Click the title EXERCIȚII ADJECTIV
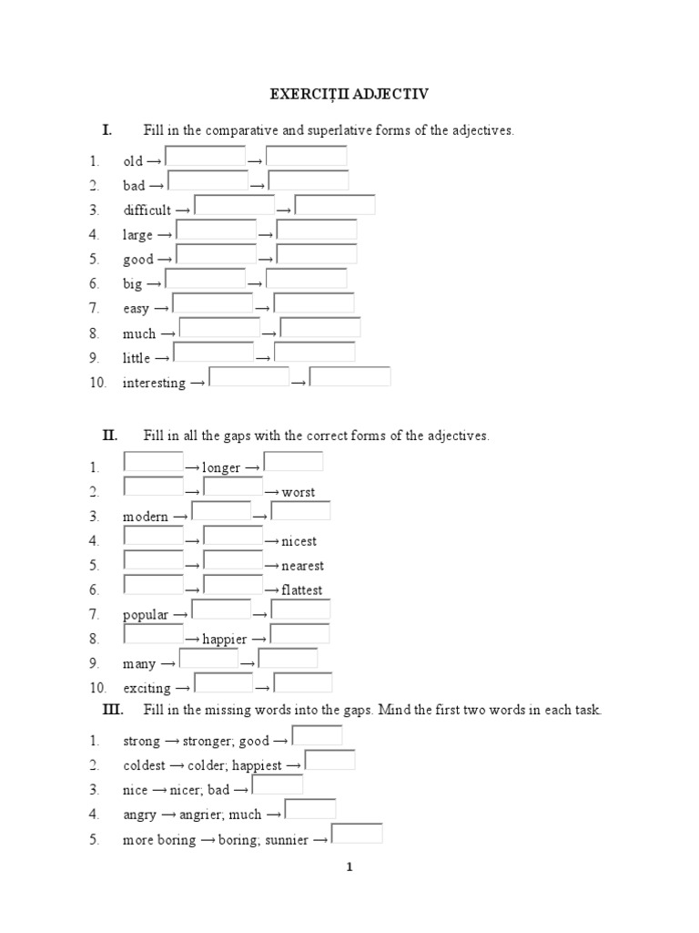pos(350,93)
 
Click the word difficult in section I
pos(147,210)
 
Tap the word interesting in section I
pos(154,384)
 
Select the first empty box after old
pos(206,157)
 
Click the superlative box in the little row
pos(314,353)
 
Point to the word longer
pos(221,468)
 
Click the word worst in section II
pos(299,493)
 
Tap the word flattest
pos(301,590)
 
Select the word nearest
pos(302,566)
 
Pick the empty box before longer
pos(153,462)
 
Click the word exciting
pos(147,688)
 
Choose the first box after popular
pos(221,610)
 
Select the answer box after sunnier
pos(357,834)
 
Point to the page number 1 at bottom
pos(349,867)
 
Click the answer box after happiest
pos(329,760)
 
